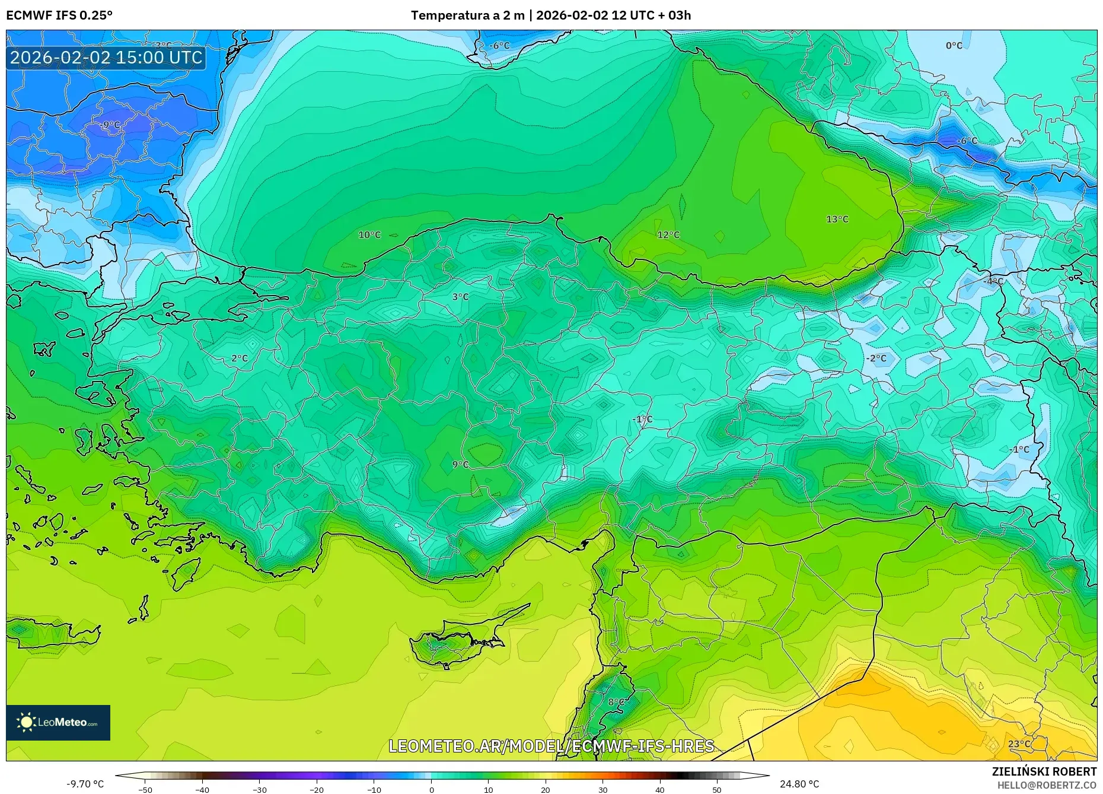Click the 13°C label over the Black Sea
coord(837,220)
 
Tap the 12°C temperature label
coord(668,235)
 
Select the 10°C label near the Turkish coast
coord(369,235)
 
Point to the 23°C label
coord(1019,744)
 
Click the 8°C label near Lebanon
coord(616,703)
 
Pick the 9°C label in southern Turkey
coord(460,465)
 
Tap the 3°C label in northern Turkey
coord(460,297)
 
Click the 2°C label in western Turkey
coord(240,358)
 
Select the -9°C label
coord(110,125)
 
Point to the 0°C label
coord(954,46)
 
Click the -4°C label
coord(994,281)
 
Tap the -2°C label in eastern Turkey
coord(876,358)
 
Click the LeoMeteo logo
coord(58,722)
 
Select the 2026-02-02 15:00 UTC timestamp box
coord(106,58)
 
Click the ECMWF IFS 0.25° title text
coord(59,15)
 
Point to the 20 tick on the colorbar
coord(546,789)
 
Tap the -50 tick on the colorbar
coord(145,789)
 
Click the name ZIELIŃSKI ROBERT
coord(1044,771)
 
